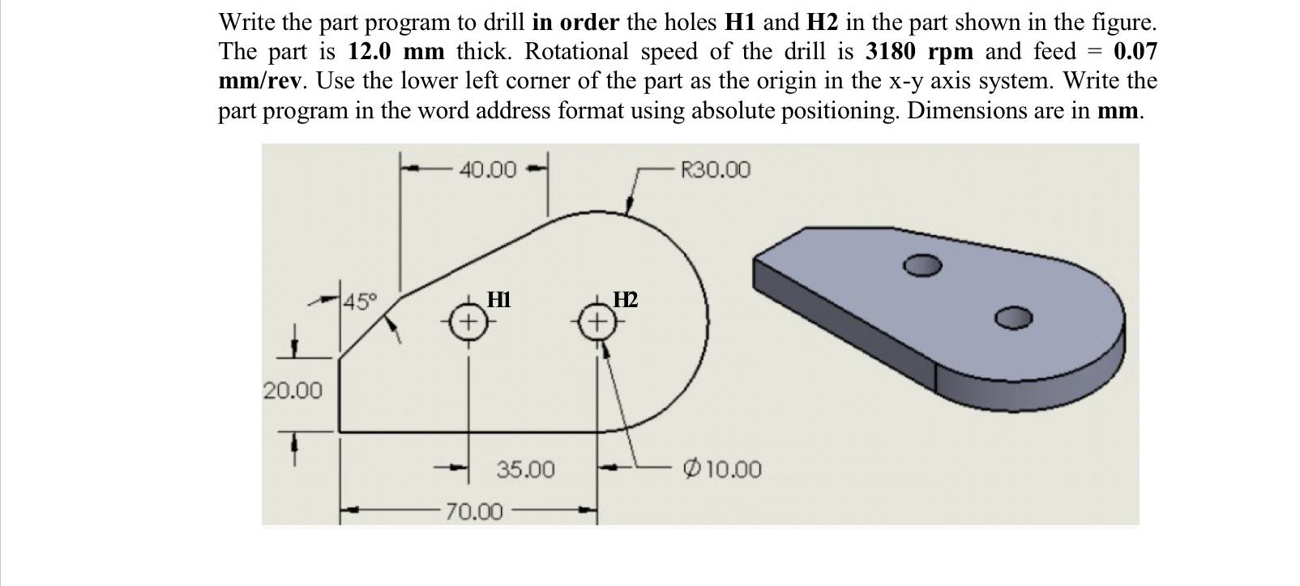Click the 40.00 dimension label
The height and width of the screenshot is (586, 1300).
487,169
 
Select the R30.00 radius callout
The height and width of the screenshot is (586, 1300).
716,169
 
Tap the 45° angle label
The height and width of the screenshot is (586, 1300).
360,304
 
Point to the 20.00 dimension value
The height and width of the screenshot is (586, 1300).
292,390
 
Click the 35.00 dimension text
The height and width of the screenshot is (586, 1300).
525,469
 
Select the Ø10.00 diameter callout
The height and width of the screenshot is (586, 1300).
723,469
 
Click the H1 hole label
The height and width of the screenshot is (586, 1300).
498,299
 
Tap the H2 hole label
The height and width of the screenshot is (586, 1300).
626,300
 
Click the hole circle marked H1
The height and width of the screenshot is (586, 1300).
468,321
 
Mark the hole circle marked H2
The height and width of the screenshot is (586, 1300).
597,322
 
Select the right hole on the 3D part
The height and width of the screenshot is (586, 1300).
1014,318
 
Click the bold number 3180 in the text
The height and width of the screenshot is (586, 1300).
892,52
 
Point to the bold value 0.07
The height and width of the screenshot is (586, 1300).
1135,52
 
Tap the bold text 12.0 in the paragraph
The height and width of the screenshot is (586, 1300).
371,52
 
